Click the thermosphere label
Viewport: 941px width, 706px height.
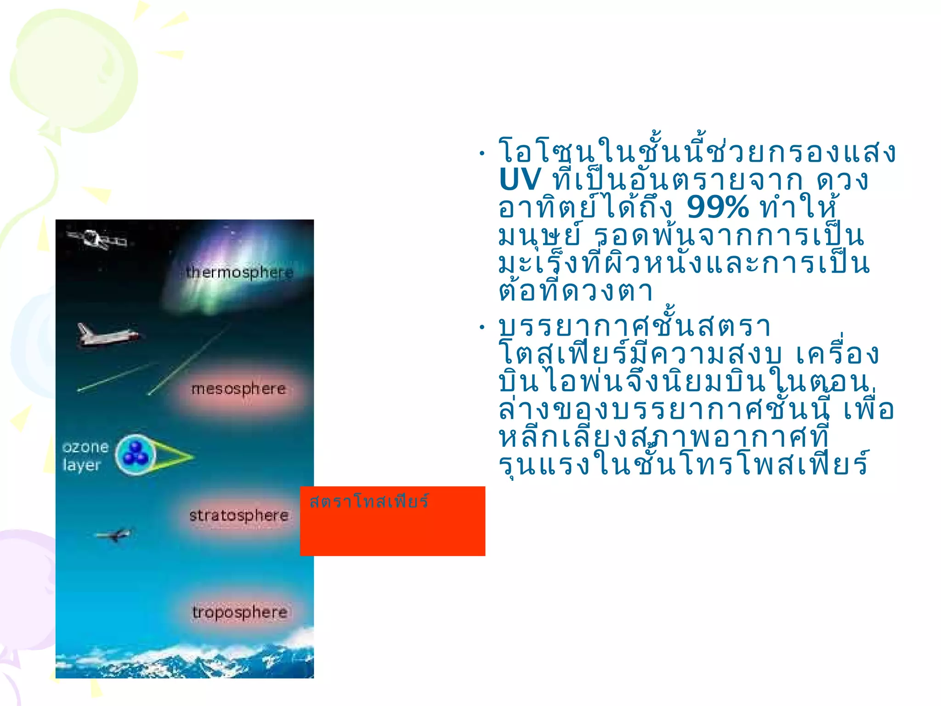(239, 272)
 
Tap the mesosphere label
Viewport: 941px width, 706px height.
(238, 389)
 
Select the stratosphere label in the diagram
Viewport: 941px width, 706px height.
(238, 515)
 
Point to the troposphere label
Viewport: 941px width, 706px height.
(239, 612)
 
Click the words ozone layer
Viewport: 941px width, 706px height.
(85, 456)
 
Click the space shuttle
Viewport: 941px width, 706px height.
(107, 335)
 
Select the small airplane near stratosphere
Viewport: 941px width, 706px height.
(114, 535)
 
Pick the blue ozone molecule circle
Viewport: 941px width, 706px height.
(135, 454)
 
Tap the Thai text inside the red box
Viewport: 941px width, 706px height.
(369, 501)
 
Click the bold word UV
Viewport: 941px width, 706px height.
(520, 180)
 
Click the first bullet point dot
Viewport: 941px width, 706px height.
(482, 154)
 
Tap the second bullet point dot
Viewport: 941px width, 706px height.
(482, 328)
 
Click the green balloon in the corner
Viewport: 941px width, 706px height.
(74, 74)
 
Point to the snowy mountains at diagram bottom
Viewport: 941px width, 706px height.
(184, 660)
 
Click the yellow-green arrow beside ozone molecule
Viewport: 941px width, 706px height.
(175, 456)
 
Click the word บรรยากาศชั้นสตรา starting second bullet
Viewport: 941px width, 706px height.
(634, 326)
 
